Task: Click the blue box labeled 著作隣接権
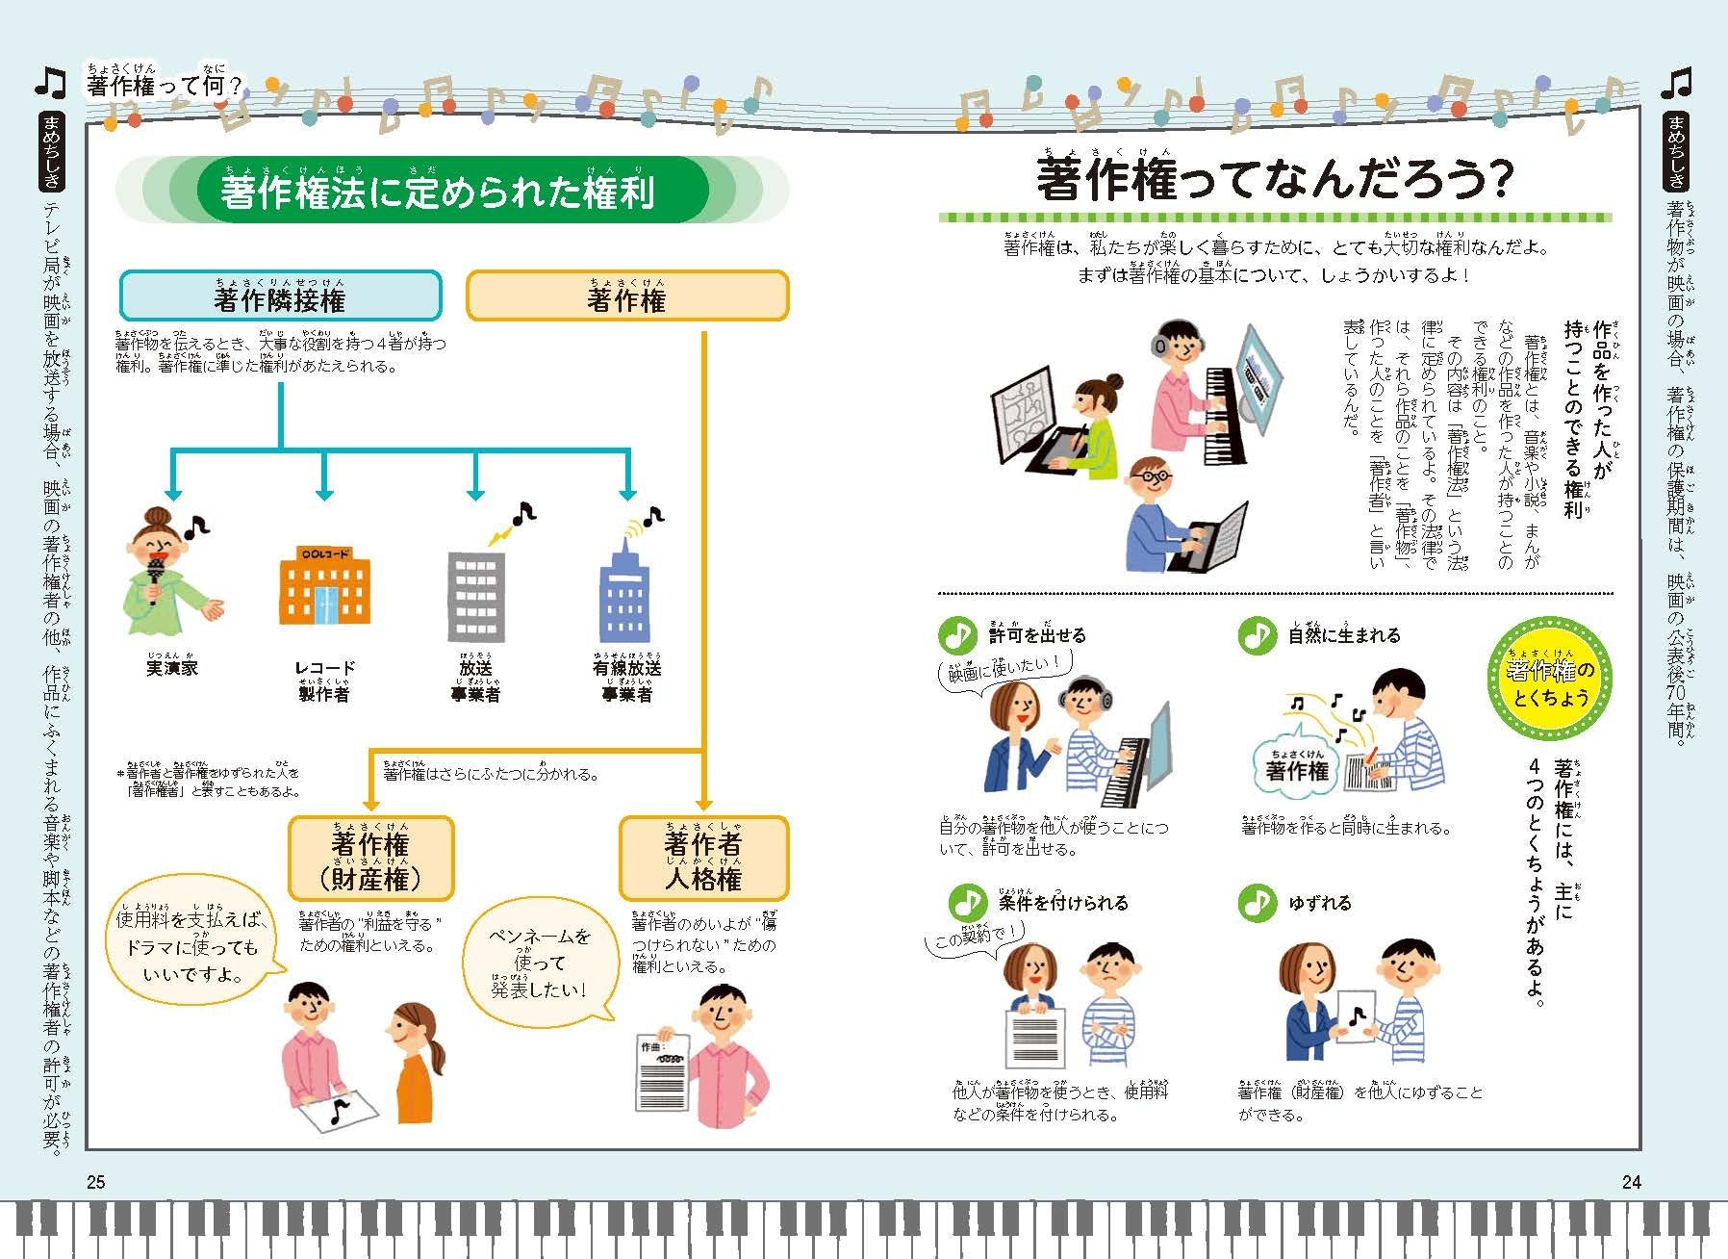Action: click(x=280, y=295)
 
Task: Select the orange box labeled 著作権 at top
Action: click(x=626, y=295)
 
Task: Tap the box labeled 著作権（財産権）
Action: click(x=370, y=859)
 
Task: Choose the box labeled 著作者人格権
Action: click(x=703, y=859)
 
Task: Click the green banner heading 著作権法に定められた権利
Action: click(x=438, y=190)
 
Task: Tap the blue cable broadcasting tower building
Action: click(x=624, y=592)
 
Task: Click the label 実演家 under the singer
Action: click(x=172, y=667)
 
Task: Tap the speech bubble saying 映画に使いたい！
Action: click(x=1004, y=668)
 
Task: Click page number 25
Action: click(x=96, y=1182)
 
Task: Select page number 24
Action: click(x=1631, y=1182)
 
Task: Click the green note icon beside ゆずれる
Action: click(x=1256, y=902)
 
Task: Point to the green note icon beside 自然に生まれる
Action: click(x=1256, y=634)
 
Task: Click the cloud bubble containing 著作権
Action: click(x=1297, y=768)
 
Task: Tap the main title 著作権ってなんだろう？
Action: click(x=1275, y=178)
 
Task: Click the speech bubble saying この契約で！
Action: click(x=977, y=935)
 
